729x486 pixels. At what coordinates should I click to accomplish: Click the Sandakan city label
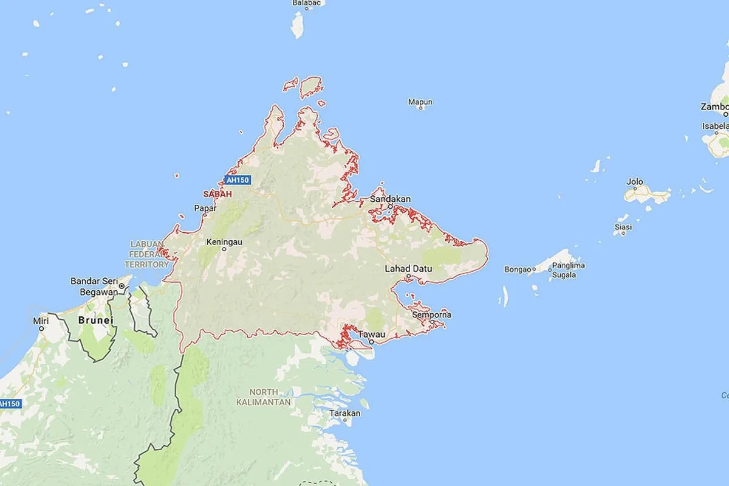coord(390,199)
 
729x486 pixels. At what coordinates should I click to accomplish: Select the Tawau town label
coord(372,335)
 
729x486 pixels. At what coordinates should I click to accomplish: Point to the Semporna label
coord(431,315)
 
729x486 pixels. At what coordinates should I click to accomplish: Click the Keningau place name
coord(224,242)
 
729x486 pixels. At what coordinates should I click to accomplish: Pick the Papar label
coord(205,208)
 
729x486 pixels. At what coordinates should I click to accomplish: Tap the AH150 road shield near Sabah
coord(234,180)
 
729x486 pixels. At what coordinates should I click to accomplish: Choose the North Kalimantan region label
coord(264,397)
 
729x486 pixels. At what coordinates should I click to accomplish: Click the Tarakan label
coord(344,414)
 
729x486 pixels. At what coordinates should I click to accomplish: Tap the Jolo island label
coord(635,181)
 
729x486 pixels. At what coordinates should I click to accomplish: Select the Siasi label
coord(623,227)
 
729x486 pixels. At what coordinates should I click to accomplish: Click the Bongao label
coord(518,269)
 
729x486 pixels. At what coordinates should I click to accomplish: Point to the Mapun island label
coord(420,102)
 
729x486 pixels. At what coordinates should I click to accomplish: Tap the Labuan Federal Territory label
coord(146,254)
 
